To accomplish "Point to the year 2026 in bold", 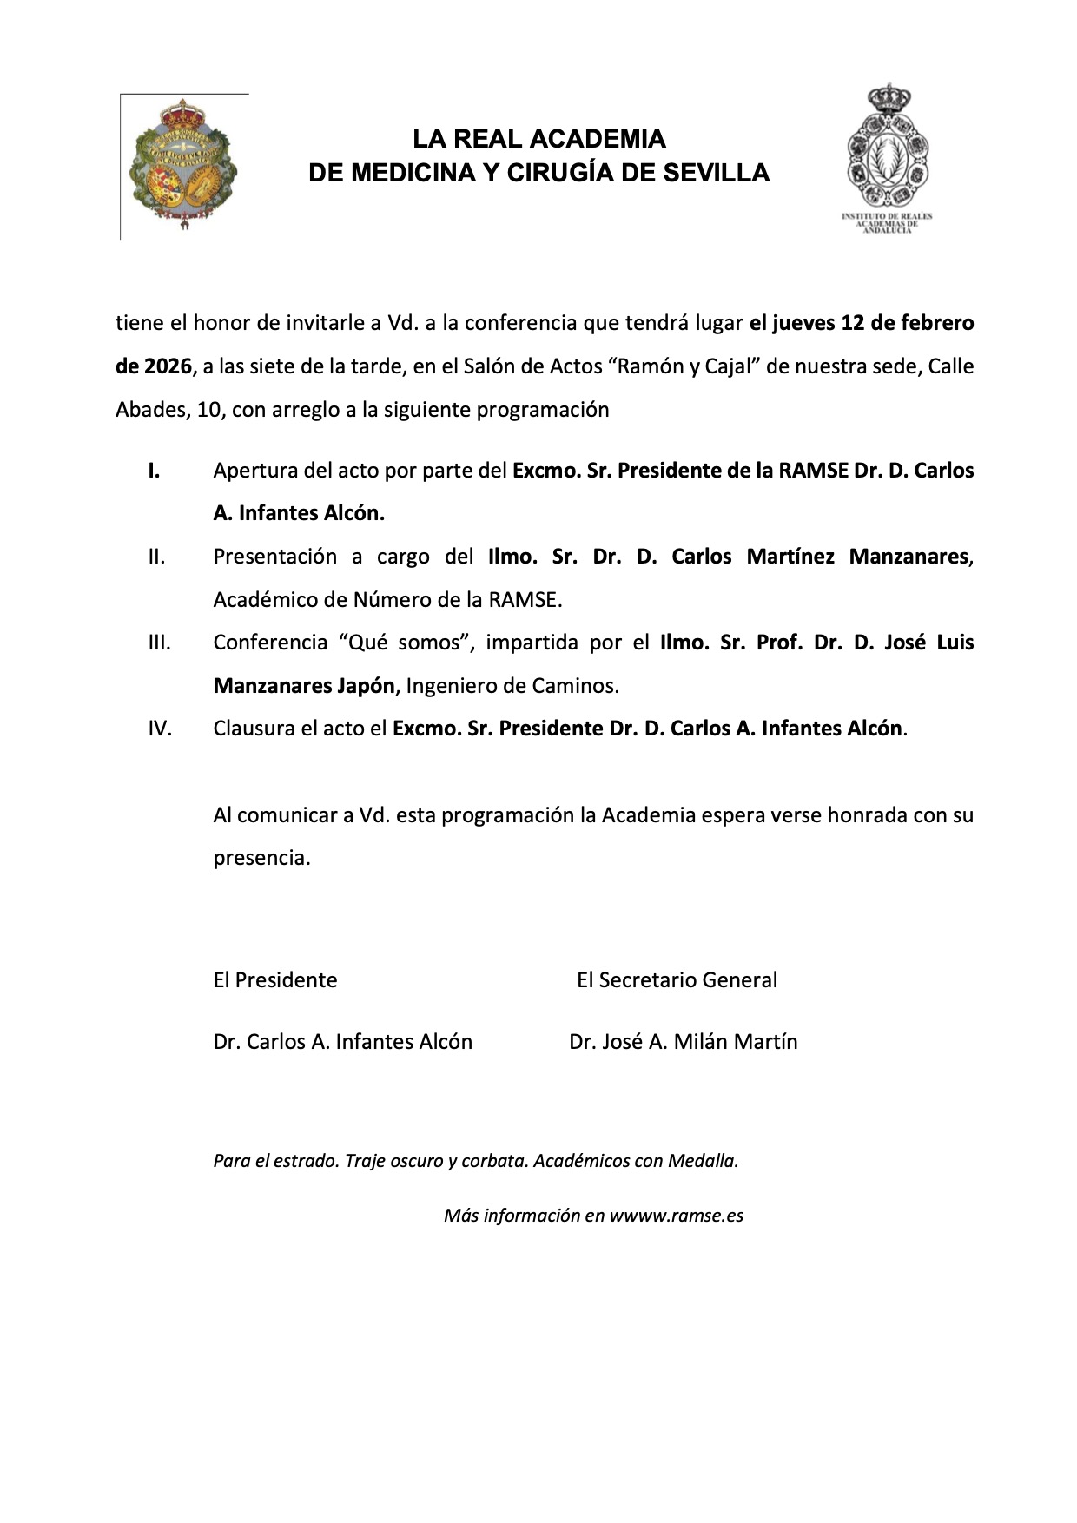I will [153, 366].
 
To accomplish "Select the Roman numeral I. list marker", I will [154, 471].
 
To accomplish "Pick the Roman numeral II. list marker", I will [156, 557].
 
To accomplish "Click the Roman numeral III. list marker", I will [159, 643].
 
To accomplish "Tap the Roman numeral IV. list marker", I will [160, 729].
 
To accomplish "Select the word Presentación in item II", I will [275, 557].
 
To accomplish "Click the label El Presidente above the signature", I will [275, 980].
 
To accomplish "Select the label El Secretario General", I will [677, 980].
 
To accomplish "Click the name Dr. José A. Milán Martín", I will [683, 1042].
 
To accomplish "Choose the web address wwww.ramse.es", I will [676, 1216].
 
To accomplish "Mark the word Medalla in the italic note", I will [703, 1161].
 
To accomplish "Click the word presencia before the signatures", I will [261, 858].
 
